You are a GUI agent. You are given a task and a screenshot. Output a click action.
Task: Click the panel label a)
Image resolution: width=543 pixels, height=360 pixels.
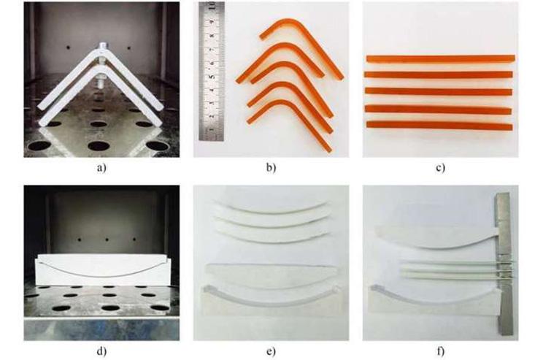(101, 169)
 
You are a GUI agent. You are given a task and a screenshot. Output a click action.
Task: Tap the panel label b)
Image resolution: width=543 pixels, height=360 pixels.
(271, 169)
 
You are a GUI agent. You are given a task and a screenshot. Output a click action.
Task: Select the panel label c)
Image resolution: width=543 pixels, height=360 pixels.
(441, 169)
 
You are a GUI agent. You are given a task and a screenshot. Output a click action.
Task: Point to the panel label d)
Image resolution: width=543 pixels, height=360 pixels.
(101, 351)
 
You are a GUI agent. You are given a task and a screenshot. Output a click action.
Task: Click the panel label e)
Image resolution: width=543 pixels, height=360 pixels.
(271, 352)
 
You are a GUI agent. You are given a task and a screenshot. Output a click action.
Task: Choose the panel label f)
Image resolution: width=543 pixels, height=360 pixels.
(441, 351)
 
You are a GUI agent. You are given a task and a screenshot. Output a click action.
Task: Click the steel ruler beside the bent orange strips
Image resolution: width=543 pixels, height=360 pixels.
(212, 71)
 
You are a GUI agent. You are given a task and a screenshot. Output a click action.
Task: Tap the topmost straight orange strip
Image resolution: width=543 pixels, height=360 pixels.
(441, 58)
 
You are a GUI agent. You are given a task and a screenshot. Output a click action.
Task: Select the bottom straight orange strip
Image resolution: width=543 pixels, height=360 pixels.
(439, 126)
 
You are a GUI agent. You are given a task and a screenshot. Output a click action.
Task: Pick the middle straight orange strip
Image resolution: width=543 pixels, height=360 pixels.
(439, 91)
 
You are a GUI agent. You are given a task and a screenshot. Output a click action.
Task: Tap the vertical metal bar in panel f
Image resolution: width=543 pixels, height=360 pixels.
(504, 264)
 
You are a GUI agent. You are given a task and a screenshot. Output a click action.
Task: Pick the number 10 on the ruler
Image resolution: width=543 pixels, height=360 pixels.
(212, 6)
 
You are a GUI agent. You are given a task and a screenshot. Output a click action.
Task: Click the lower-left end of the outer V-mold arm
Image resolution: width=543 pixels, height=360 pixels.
(42, 122)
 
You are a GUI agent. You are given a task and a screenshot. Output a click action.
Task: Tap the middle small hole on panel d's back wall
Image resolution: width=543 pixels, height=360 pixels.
(107, 240)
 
